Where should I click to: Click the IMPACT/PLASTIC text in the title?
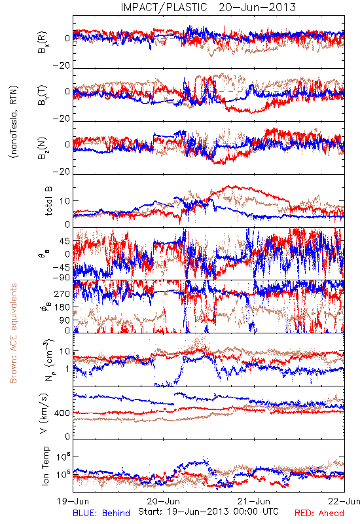click(x=164, y=7)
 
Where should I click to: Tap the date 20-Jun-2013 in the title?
click(x=257, y=7)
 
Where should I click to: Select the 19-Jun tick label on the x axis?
click(x=73, y=501)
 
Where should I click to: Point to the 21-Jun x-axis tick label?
click(x=254, y=501)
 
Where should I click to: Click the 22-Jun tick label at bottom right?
click(x=344, y=501)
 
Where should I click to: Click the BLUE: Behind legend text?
click(x=101, y=513)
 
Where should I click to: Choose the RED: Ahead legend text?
click(x=319, y=513)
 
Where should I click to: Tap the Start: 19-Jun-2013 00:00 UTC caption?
click(x=208, y=512)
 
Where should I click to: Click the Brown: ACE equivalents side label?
click(x=13, y=333)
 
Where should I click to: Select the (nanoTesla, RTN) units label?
click(x=14, y=122)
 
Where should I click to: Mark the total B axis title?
click(x=48, y=201)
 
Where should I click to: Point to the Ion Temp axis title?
click(x=45, y=466)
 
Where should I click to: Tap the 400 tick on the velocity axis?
click(x=62, y=413)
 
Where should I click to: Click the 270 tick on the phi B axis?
click(x=62, y=294)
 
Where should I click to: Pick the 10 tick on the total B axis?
click(x=65, y=201)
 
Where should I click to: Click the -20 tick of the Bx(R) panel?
click(x=61, y=66)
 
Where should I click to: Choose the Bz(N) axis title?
click(x=42, y=148)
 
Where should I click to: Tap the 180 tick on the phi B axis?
click(x=62, y=307)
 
